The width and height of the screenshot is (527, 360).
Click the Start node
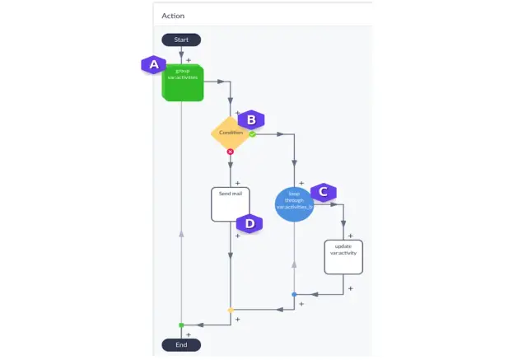(x=181, y=40)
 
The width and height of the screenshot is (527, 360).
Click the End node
(x=181, y=344)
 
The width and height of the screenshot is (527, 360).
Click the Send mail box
(x=231, y=204)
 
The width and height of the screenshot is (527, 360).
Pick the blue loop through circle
(x=295, y=204)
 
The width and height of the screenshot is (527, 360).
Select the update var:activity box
(x=343, y=256)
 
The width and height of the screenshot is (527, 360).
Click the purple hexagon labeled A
(x=152, y=64)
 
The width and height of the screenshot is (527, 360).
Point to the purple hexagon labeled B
(x=252, y=120)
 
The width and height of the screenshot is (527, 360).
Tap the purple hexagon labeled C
(x=324, y=192)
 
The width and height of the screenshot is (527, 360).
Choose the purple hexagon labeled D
(x=250, y=222)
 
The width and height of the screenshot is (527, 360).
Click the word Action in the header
(x=173, y=16)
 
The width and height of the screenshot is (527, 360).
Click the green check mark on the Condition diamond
(x=253, y=133)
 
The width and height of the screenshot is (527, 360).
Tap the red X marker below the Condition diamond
(x=230, y=152)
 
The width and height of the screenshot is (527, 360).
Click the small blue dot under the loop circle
(x=294, y=294)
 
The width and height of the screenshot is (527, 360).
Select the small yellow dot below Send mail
(x=231, y=311)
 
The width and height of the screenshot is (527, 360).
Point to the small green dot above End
(x=181, y=325)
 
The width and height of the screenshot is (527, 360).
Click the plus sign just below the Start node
(x=189, y=60)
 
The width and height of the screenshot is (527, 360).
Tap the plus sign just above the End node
(x=189, y=334)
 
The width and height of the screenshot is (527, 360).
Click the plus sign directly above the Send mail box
(x=237, y=183)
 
